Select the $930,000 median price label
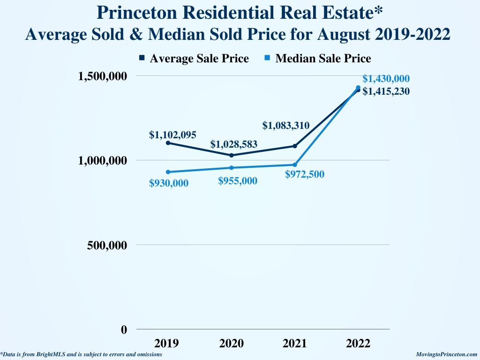169,183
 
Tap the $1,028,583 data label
233,144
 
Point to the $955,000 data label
238,180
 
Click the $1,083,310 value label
285,125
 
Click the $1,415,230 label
386,91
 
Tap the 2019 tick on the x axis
167,344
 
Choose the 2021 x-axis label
295,344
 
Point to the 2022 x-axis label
358,344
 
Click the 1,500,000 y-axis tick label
102,76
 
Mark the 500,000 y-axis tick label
107,245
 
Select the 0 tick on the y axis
124,330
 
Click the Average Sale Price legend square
142,58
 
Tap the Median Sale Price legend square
268,58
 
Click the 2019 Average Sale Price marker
168,143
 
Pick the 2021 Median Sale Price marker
295,165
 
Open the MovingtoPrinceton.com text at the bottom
447,355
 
